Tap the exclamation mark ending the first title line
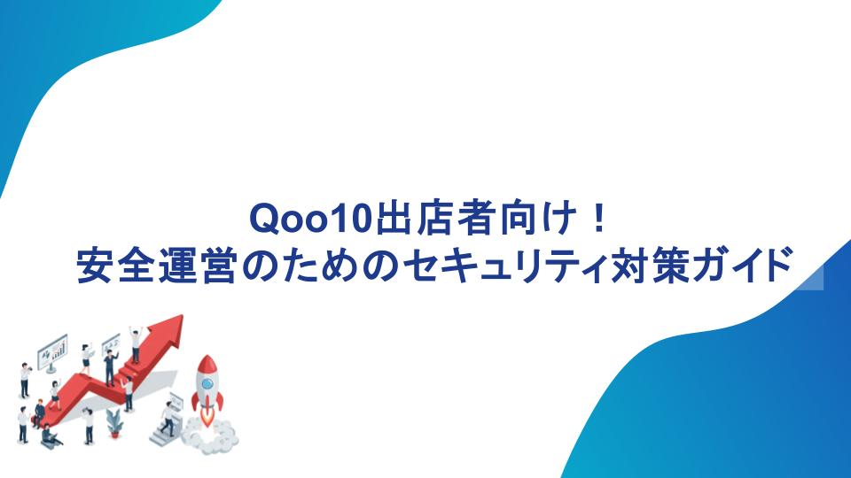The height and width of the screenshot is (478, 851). click(x=599, y=218)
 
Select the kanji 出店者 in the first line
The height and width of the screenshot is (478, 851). click(x=436, y=219)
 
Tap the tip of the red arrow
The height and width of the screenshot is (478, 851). click(x=182, y=316)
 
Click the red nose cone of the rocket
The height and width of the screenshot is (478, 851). click(x=207, y=364)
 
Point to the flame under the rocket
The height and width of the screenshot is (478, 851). click(x=207, y=417)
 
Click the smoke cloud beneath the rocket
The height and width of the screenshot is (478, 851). click(x=209, y=436)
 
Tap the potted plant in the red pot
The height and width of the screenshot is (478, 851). click(x=114, y=423)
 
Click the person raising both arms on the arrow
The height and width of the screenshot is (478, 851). click(x=135, y=344)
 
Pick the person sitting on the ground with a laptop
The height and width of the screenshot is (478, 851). click(x=51, y=436)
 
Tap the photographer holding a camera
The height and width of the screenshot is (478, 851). click(x=25, y=380)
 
